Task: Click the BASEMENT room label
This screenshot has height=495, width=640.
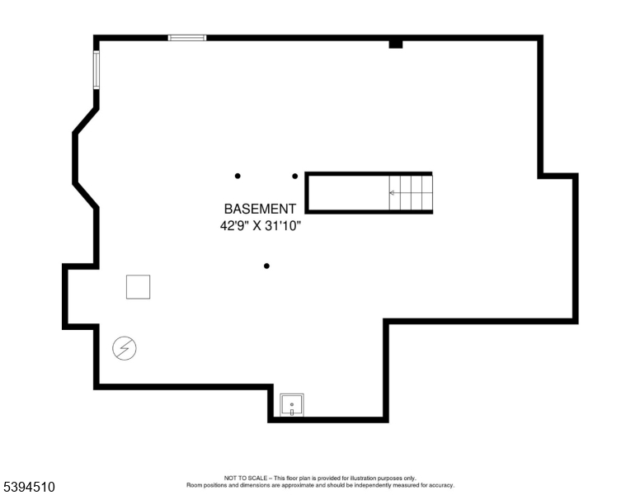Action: click(259, 210)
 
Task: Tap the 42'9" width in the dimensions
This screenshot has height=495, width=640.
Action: click(235, 225)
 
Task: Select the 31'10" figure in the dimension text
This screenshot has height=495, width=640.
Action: click(283, 225)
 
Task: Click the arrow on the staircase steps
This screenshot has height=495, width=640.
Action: click(393, 192)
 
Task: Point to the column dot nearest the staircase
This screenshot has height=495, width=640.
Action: click(295, 176)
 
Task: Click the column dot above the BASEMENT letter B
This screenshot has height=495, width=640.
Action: click(238, 176)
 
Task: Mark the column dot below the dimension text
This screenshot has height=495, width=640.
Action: click(266, 266)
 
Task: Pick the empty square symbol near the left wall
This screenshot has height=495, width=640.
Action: click(139, 286)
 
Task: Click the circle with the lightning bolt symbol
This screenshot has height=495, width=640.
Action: click(125, 349)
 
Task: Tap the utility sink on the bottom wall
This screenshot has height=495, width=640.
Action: click(292, 405)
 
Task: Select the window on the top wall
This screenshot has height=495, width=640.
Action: click(187, 37)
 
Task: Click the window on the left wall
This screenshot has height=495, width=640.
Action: click(96, 70)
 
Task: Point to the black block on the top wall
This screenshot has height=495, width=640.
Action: click(396, 43)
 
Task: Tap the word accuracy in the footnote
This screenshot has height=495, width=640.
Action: click(440, 485)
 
